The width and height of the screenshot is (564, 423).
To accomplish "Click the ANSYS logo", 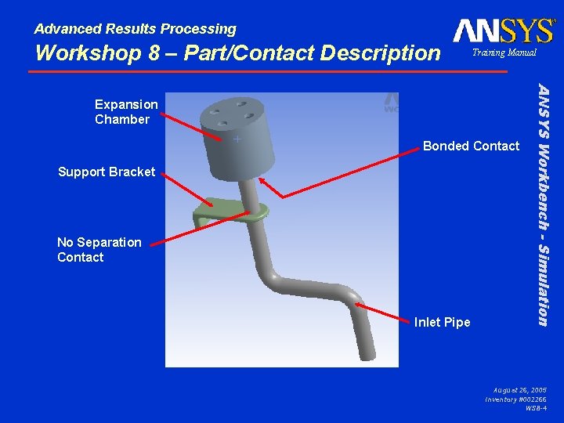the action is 503,31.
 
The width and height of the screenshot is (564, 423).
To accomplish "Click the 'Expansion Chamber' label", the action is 126,112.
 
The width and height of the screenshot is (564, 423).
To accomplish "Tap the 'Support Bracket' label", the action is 107,172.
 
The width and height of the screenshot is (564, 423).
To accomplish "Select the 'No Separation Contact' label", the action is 99,250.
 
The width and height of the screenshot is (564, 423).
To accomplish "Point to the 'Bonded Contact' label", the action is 471,146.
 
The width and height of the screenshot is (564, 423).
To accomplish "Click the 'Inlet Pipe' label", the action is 442,322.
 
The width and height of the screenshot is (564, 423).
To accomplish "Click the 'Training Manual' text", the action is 504,52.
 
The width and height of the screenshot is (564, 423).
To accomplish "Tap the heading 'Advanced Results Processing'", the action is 135,29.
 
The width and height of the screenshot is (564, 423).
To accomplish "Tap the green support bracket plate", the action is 227,211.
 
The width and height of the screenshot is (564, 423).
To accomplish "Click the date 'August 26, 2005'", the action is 520,389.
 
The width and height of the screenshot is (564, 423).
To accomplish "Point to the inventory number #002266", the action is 516,399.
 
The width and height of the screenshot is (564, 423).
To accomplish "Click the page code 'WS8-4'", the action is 536,408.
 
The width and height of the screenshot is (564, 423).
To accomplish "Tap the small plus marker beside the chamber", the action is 236,139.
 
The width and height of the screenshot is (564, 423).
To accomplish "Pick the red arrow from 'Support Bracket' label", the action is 188,190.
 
